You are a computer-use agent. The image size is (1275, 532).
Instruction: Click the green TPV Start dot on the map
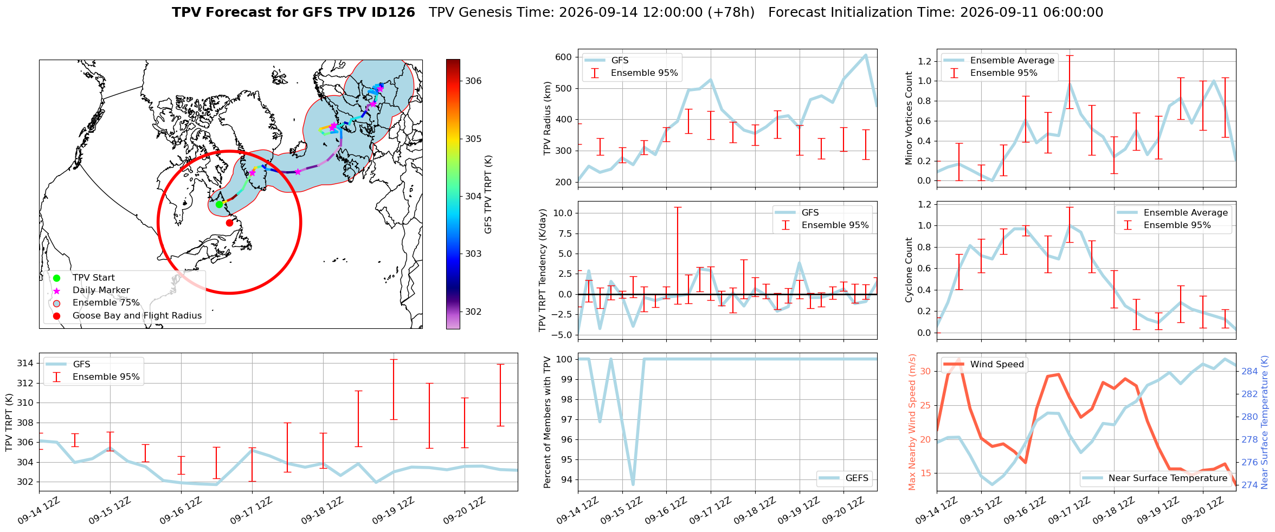coord(219,204)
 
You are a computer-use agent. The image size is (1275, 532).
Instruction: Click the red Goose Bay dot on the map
coord(229,223)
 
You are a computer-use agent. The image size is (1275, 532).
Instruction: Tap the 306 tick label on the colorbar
coord(473,81)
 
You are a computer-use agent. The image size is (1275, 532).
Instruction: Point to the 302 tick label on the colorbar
coord(473,312)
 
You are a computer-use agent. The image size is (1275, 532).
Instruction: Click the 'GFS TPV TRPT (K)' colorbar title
coord(488,194)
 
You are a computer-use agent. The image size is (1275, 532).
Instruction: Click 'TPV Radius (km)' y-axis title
coord(548,118)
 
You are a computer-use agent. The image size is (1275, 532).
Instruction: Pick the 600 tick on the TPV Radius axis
coord(564,57)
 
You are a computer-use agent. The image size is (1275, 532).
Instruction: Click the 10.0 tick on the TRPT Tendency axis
coord(563,213)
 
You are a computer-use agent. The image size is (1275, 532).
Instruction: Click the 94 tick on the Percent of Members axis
coord(567,479)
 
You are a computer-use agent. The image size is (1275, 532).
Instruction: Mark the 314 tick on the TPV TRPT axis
coord(25,363)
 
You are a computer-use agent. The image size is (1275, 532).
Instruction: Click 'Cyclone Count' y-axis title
coord(909,270)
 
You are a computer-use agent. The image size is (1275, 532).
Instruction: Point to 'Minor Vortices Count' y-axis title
coord(909,118)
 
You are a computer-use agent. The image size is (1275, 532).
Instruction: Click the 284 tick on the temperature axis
coord(1250,371)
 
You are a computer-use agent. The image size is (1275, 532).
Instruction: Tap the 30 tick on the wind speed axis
coord(925,371)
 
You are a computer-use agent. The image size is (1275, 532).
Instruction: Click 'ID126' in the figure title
coord(391,12)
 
